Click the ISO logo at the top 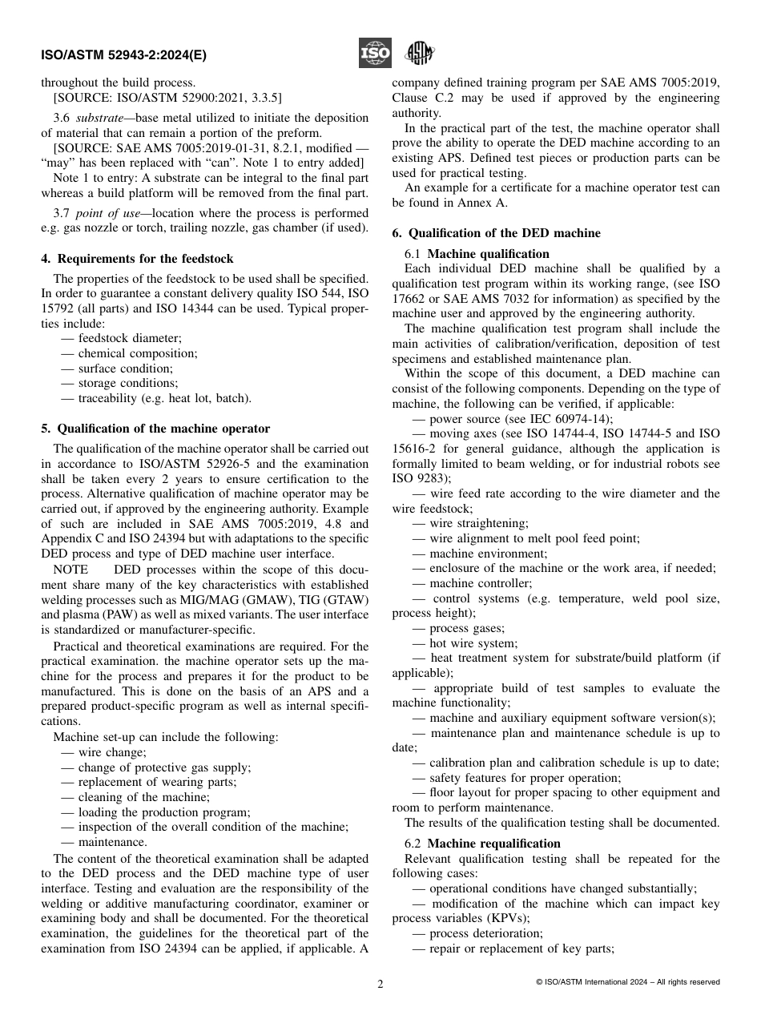click(375, 54)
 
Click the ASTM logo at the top click(419, 54)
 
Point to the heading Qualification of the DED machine click(496, 233)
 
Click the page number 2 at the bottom click(380, 984)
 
